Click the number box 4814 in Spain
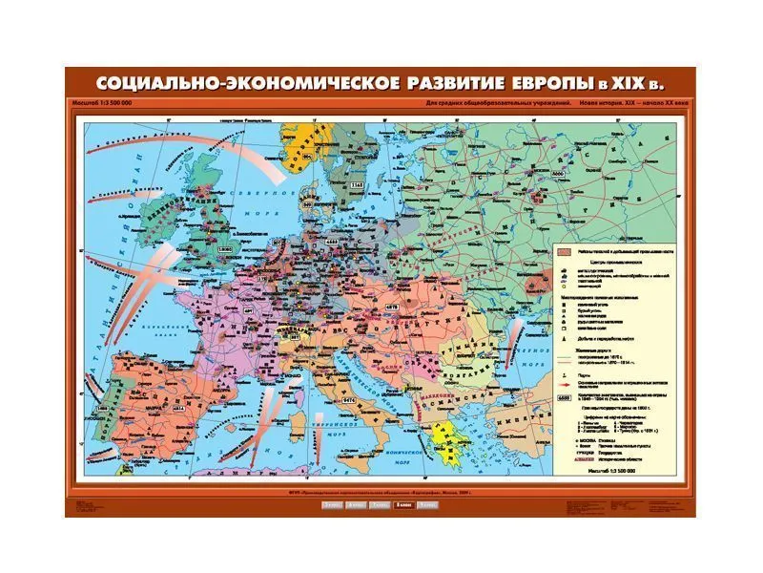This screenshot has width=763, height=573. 151,408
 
